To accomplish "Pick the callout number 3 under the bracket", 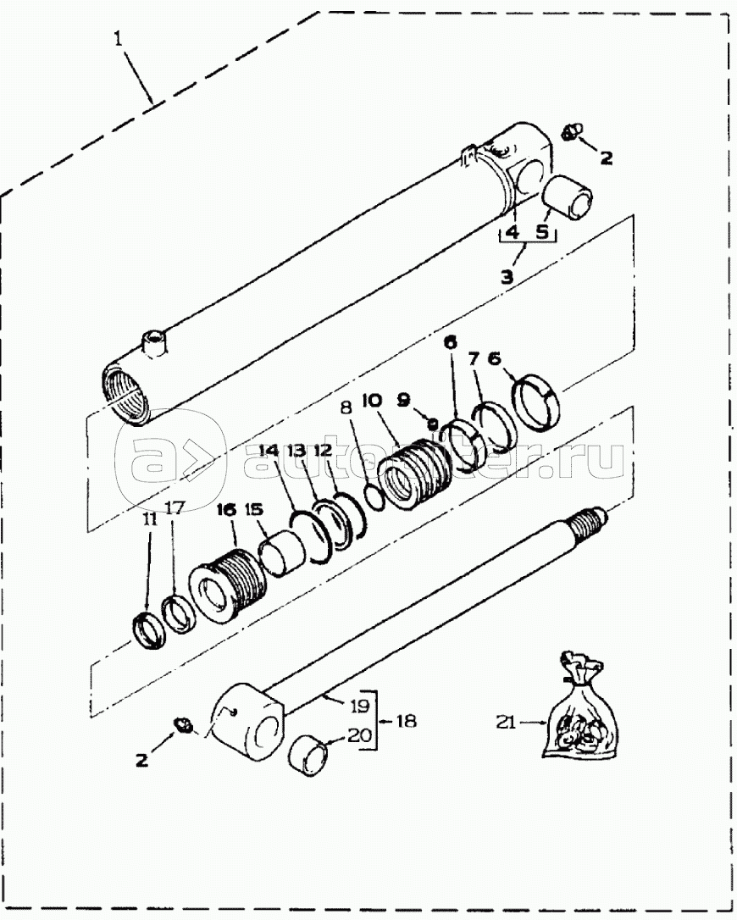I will click(x=507, y=276).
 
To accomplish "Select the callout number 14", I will click(x=269, y=452).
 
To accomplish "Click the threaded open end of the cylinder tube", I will click(x=125, y=394).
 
